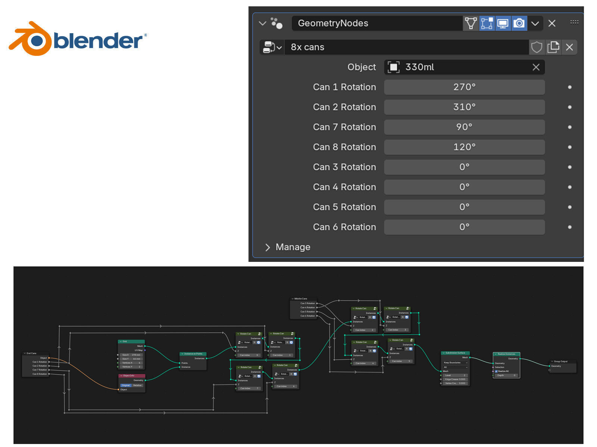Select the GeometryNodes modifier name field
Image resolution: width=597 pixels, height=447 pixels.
click(x=377, y=23)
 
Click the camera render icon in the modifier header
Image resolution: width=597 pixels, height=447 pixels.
click(x=519, y=23)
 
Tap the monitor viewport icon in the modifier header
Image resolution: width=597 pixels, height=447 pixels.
click(x=503, y=23)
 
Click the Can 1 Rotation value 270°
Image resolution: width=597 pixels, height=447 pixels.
click(x=464, y=87)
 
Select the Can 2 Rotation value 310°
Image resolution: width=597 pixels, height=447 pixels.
click(x=464, y=107)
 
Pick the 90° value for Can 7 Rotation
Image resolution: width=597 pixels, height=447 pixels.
click(x=464, y=127)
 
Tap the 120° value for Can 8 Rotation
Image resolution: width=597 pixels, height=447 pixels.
click(x=464, y=147)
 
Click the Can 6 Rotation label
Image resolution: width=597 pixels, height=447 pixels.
click(x=344, y=227)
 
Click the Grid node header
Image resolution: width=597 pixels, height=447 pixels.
click(x=131, y=341)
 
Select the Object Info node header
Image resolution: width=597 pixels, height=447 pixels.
click(x=132, y=375)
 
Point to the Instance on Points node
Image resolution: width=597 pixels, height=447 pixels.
click(x=193, y=361)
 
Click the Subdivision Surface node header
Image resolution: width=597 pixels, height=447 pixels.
click(x=455, y=353)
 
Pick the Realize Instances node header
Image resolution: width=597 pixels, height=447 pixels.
click(x=506, y=354)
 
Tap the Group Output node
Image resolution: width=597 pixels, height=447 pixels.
click(x=563, y=365)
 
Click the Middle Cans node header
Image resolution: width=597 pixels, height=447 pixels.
click(x=303, y=299)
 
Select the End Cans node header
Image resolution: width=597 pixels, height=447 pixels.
click(x=35, y=353)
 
